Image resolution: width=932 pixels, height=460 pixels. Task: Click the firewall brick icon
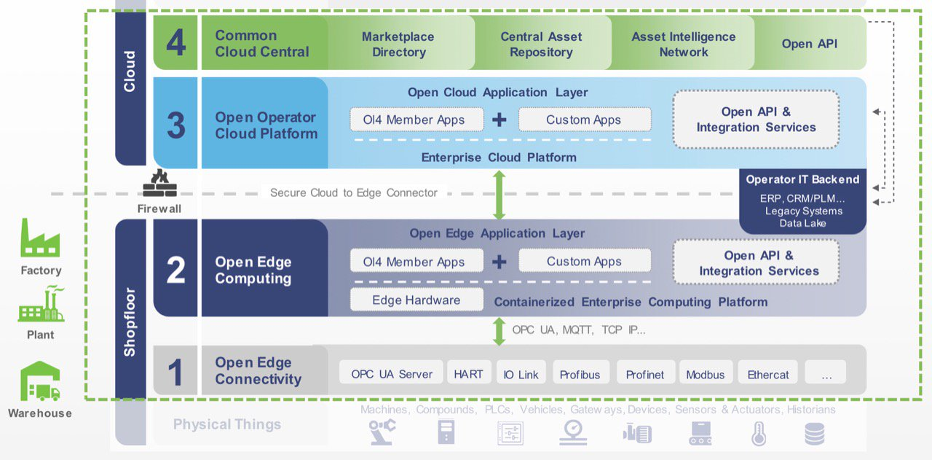pos(159,184)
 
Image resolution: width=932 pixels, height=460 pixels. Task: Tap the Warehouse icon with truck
pos(40,381)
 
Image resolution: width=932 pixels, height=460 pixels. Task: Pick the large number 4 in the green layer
pos(175,43)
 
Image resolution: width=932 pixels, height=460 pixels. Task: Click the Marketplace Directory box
pos(398,44)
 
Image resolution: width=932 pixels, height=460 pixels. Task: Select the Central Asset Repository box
pos(541,44)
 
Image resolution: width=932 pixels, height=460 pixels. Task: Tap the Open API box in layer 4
pos(809,44)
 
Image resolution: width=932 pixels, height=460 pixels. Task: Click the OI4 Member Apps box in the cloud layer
pos(414,120)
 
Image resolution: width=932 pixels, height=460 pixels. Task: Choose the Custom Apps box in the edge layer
pos(584,261)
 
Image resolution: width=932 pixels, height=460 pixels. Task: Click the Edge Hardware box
pos(416,300)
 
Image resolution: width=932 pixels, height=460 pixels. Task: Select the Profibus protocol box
pos(580,374)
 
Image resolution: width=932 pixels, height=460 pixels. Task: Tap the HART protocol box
pos(468,373)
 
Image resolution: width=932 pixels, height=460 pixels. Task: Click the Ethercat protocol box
pos(768,374)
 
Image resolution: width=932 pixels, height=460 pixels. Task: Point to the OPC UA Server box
pos(392,373)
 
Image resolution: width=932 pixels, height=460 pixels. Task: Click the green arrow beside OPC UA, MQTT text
pos(499,330)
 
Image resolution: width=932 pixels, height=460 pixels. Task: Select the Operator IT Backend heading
pos(802,179)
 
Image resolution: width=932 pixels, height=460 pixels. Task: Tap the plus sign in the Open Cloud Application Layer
pos(499,120)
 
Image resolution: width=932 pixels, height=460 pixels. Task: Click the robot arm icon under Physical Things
pos(381,432)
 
